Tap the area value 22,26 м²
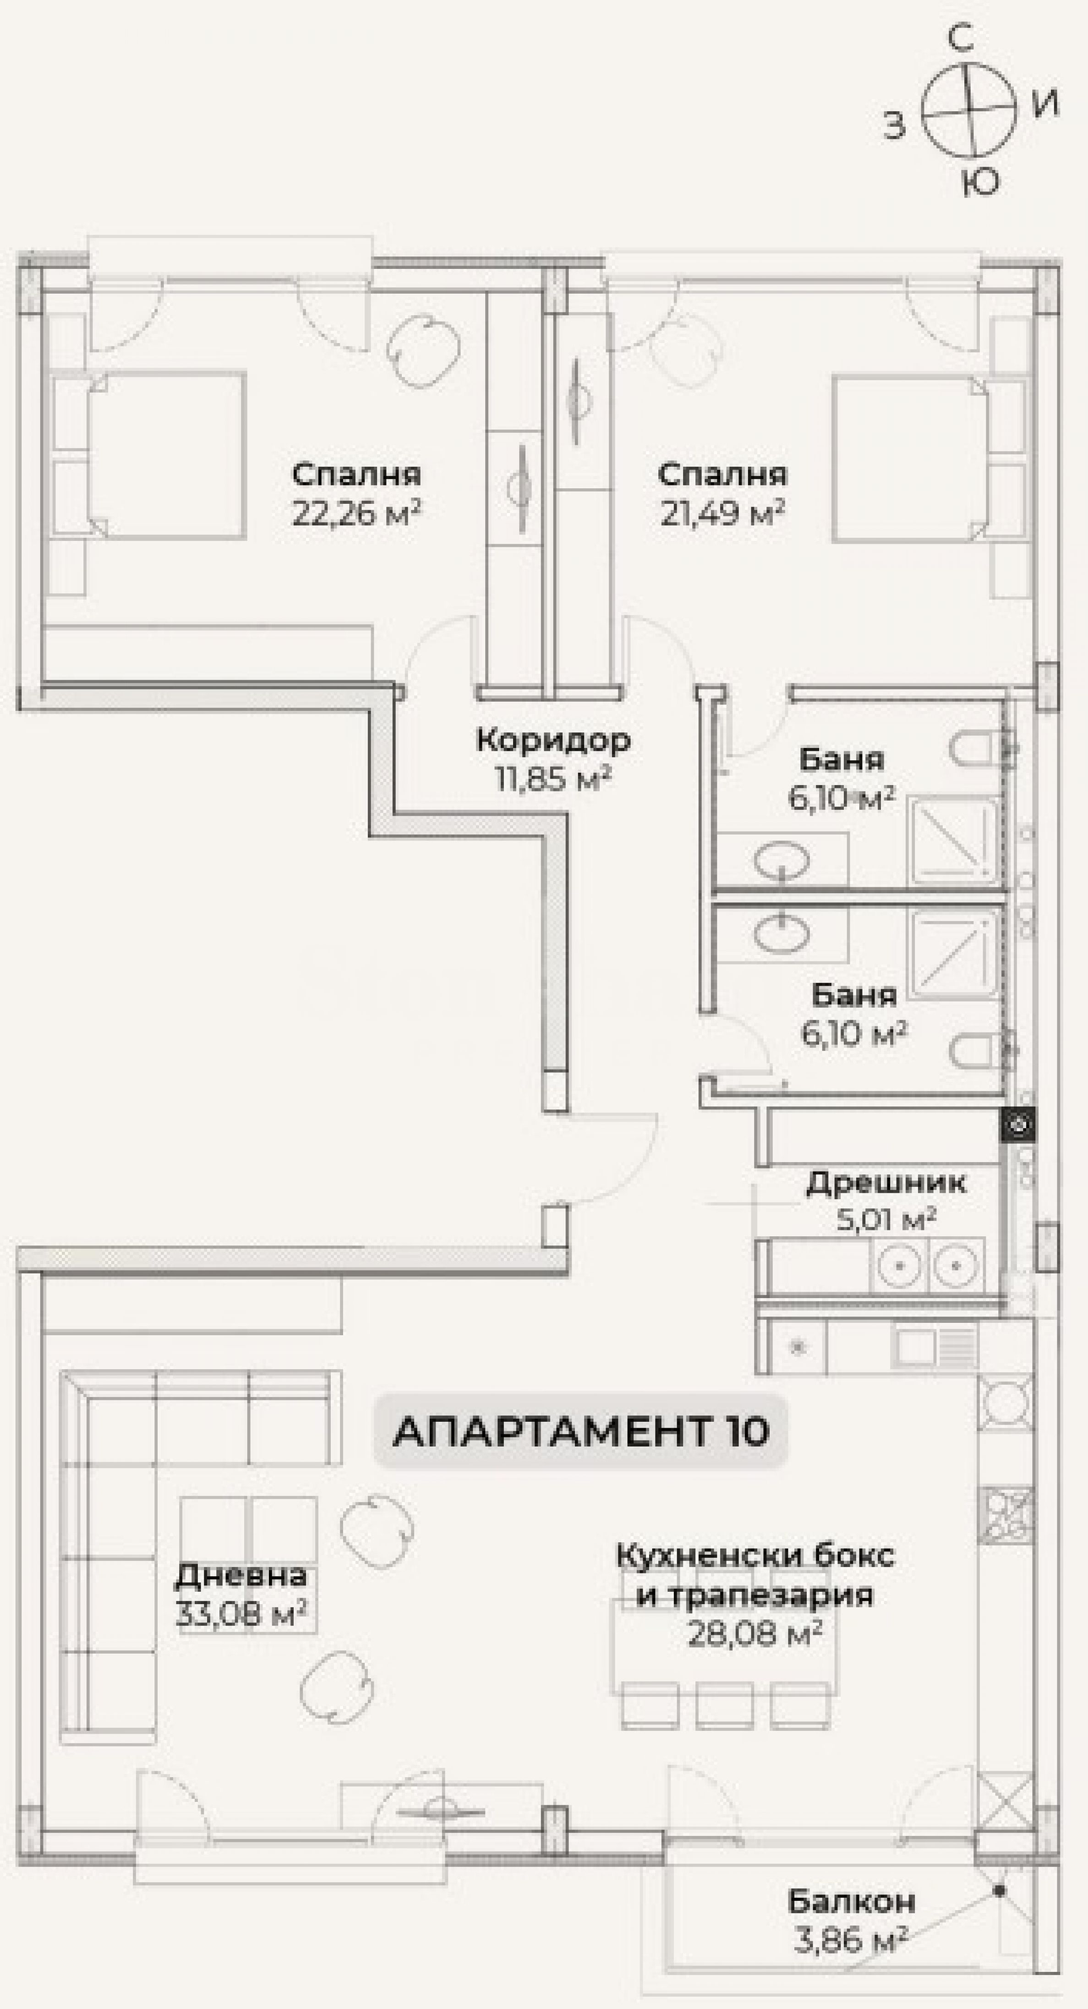click(357, 513)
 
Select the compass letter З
click(895, 125)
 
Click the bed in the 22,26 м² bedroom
click(167, 455)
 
